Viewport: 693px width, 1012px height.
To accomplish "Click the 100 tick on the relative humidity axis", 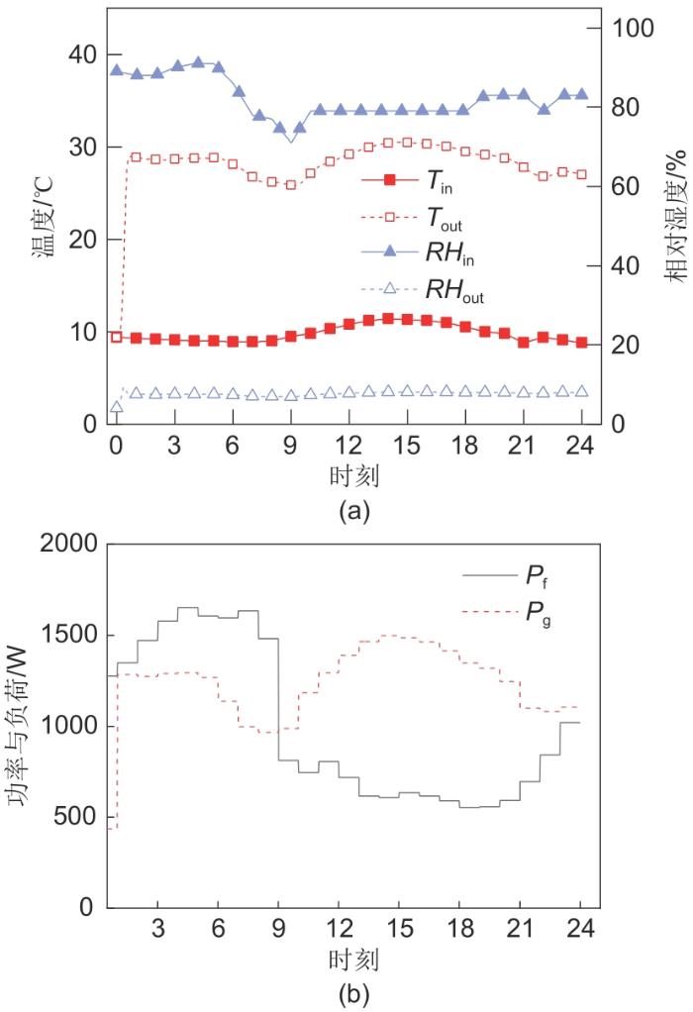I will (641, 28).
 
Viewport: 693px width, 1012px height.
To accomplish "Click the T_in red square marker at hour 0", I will (117, 337).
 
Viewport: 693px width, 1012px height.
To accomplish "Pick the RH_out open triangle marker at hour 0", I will (117, 406).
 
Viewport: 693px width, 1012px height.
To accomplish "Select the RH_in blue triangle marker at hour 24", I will (581, 95).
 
